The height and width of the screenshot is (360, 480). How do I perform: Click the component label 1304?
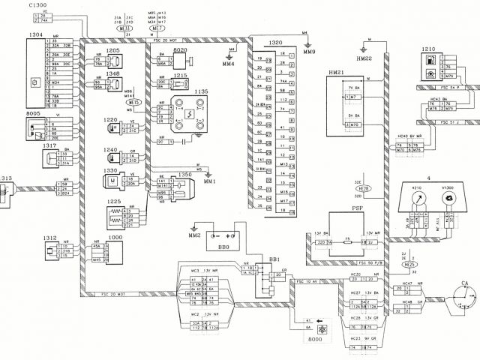(x=35, y=34)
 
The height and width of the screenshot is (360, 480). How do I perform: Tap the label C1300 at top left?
(x=39, y=5)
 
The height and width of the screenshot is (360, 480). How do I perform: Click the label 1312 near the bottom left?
(x=49, y=238)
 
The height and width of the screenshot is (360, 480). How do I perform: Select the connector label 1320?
(x=274, y=43)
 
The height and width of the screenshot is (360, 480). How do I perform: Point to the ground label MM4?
(x=228, y=64)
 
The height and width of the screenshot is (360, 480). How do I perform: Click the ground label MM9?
(x=309, y=51)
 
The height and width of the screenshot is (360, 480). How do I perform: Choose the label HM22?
(x=365, y=58)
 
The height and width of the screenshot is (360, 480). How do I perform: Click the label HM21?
(x=336, y=72)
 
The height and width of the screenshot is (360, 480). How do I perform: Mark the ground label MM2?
(x=194, y=236)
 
